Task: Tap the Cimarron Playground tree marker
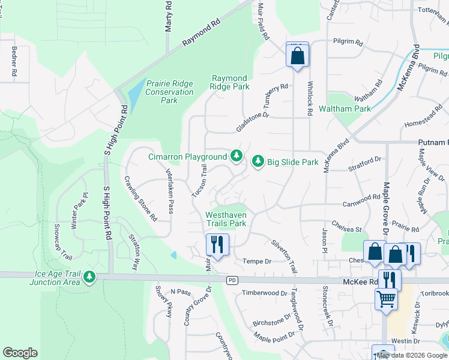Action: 237,157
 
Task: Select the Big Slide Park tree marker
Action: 258,161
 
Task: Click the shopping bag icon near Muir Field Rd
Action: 297,56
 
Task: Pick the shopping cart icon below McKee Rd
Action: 386,298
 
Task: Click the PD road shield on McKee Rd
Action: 232,280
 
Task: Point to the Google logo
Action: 20,353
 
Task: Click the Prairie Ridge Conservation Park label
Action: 169,92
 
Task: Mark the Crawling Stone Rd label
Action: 140,197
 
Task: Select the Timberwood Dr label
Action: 265,293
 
